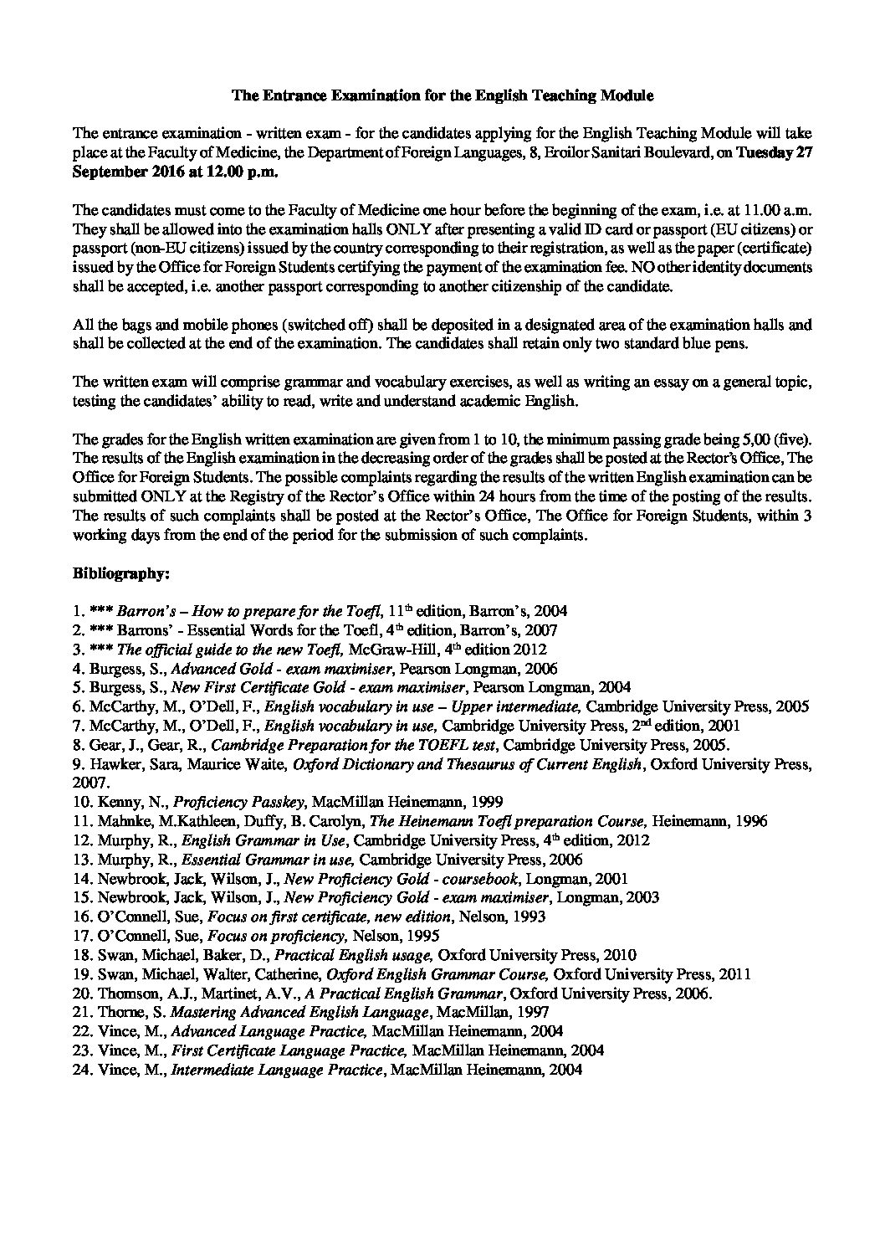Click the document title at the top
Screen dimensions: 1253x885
(x=442, y=95)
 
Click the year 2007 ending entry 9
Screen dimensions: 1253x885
(x=90, y=782)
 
